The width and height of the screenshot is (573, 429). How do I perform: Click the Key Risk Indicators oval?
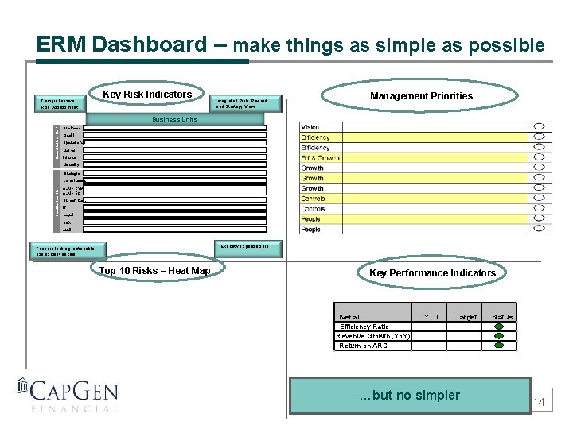pyautogui.click(x=147, y=95)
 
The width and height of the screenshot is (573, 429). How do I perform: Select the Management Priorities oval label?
pyautogui.click(x=421, y=96)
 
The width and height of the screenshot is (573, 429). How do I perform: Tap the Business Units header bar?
pyautogui.click(x=174, y=119)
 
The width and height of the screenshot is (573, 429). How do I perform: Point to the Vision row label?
pyautogui.click(x=310, y=127)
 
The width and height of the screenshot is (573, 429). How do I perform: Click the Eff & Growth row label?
pyautogui.click(x=320, y=158)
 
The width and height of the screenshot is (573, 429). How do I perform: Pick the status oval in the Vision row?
pyautogui.click(x=540, y=127)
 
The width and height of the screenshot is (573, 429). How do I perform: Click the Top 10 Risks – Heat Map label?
pyautogui.click(x=154, y=271)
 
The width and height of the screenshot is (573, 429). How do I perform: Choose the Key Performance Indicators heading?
pyautogui.click(x=432, y=273)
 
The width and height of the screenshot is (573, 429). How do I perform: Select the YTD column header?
pyautogui.click(x=431, y=317)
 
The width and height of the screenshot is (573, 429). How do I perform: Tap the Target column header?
pyautogui.click(x=466, y=317)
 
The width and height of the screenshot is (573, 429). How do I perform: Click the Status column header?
pyautogui.click(x=502, y=317)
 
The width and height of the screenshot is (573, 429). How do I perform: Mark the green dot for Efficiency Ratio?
pyautogui.click(x=499, y=327)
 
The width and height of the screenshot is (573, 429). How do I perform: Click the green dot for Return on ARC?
pyautogui.click(x=499, y=346)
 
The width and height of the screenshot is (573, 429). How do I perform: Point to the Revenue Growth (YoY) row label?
pyautogui.click(x=373, y=336)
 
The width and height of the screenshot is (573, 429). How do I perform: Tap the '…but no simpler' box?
pyautogui.click(x=409, y=396)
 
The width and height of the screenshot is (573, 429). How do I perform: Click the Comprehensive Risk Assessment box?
pyautogui.click(x=60, y=103)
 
